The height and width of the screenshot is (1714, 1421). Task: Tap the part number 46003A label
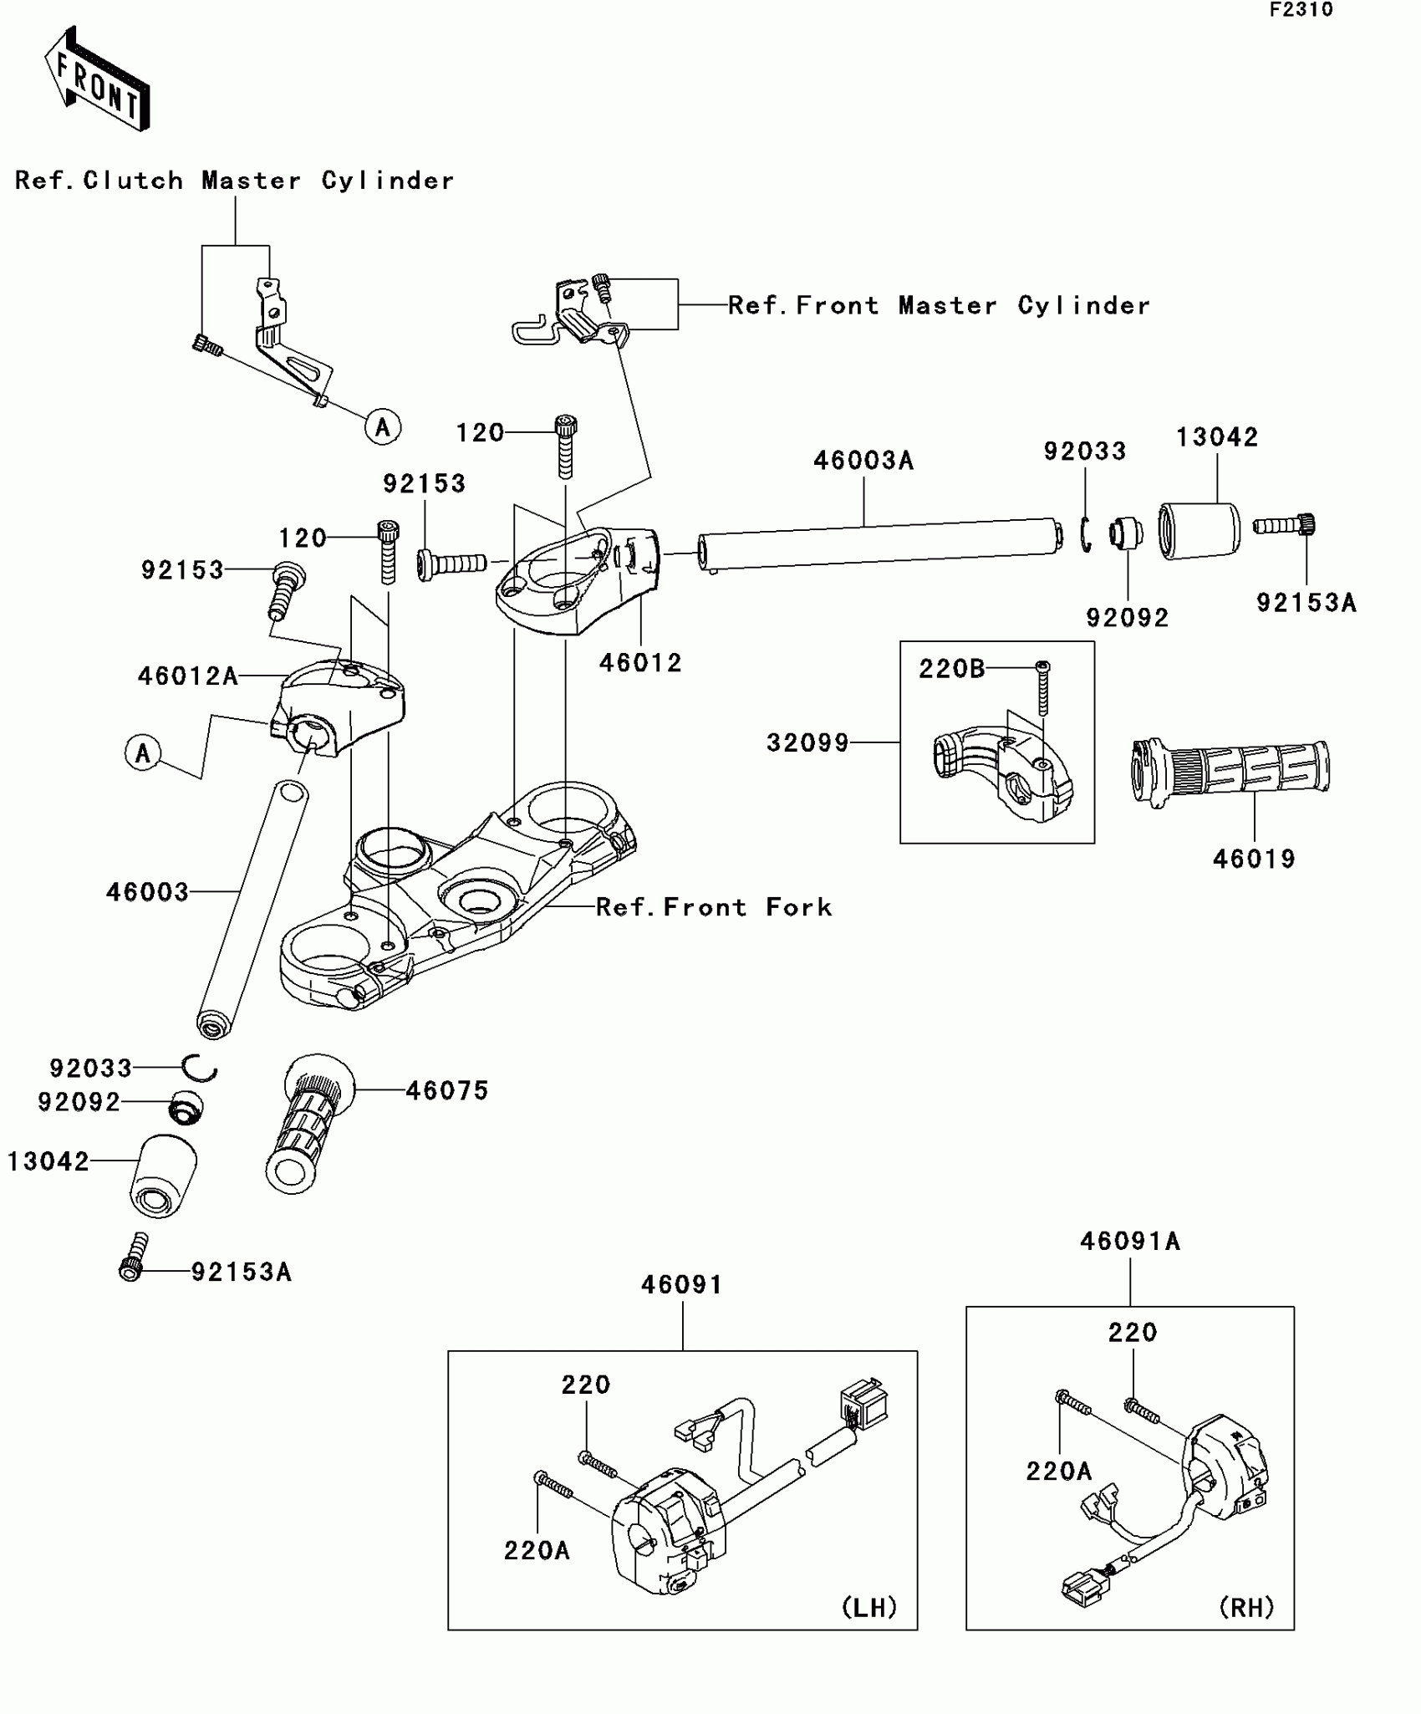click(x=863, y=461)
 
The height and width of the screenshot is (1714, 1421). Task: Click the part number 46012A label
click(x=188, y=676)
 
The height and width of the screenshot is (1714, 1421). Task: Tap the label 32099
click(x=807, y=742)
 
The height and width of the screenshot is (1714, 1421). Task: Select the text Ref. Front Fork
click(x=714, y=908)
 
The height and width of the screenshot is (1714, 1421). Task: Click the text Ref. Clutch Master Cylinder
click(x=234, y=181)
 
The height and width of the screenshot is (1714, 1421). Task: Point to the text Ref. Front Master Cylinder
click(x=939, y=306)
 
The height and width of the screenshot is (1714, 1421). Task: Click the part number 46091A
click(x=1129, y=1242)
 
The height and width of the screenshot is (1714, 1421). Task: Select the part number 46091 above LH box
click(x=681, y=1285)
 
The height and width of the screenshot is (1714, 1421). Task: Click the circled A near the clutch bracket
click(x=383, y=428)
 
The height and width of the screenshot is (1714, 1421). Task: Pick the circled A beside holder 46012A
click(x=143, y=753)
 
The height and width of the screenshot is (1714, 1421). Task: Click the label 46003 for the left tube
click(x=147, y=892)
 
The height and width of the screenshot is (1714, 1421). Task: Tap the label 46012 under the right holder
click(x=640, y=663)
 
